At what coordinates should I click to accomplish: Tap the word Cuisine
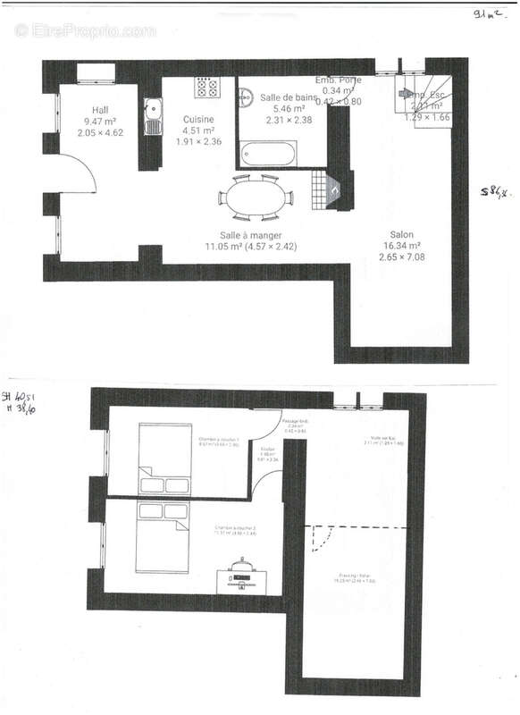[197, 119]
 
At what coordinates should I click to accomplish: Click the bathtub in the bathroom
[272, 154]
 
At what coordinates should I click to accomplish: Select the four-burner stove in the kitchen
[208, 87]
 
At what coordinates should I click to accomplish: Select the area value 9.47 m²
[99, 121]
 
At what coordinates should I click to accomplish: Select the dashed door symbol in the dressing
[319, 538]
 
